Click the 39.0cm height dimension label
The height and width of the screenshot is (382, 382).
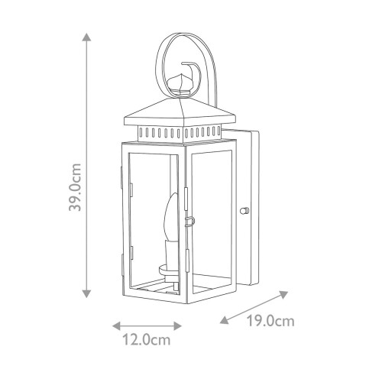pyautogui.click(x=75, y=187)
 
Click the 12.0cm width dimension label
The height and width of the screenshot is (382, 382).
pyautogui.click(x=147, y=340)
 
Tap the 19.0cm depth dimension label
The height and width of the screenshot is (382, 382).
pyautogui.click(x=270, y=321)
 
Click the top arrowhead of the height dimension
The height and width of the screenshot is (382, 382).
pyautogui.click(x=87, y=37)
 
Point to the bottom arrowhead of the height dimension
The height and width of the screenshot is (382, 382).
pyautogui.click(x=87, y=293)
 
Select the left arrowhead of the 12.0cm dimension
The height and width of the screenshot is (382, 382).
pyautogui.click(x=116, y=325)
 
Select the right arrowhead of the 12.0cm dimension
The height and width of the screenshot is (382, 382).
pyautogui.click(x=177, y=325)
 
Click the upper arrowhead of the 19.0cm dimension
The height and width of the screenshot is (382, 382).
pyautogui.click(x=283, y=295)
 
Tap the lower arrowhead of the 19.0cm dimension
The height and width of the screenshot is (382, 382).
pyautogui.click(x=225, y=319)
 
